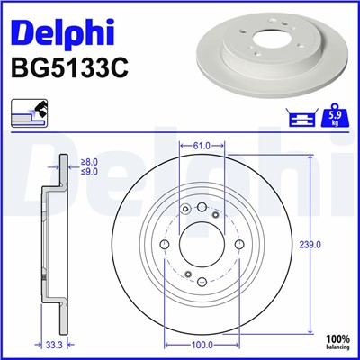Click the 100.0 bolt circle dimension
click(202, 343)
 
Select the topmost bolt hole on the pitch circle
click(202, 207)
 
